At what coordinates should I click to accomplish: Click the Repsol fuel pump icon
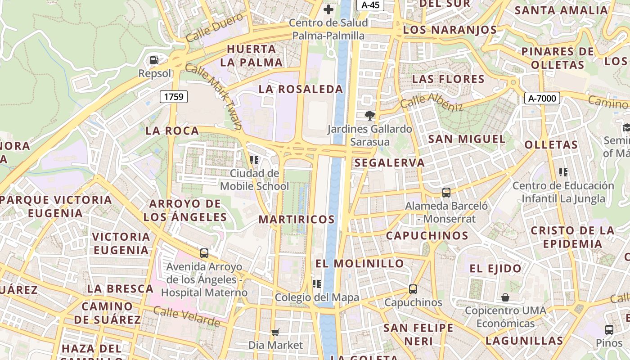pos(154,60)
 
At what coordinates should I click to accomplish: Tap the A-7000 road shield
pos(542,98)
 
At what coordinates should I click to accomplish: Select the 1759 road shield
pos(174,96)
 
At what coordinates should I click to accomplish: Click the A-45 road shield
pos(370,5)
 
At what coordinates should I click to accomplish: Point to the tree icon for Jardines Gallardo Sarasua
pos(369,116)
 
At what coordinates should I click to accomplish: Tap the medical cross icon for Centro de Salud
pos(328,9)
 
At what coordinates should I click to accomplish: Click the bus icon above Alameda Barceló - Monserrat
pos(446,193)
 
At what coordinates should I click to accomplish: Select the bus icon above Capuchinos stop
pos(413,289)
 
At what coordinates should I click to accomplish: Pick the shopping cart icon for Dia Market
pos(275,332)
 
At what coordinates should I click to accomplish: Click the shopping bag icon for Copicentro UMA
pos(505,297)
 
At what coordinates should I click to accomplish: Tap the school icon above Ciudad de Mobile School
pos(254,160)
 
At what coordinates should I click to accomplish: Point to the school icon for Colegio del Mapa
pos(317,283)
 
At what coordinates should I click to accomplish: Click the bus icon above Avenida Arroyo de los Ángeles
pos(204,253)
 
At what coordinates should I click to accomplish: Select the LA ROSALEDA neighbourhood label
pos(301,89)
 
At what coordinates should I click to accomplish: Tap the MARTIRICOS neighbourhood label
pos(297,220)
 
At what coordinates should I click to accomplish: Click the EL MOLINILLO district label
pos(360,263)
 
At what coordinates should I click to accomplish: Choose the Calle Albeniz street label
pos(432,102)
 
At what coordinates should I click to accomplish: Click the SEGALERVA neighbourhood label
pos(390,163)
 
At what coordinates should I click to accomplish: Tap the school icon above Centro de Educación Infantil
pos(563,172)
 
